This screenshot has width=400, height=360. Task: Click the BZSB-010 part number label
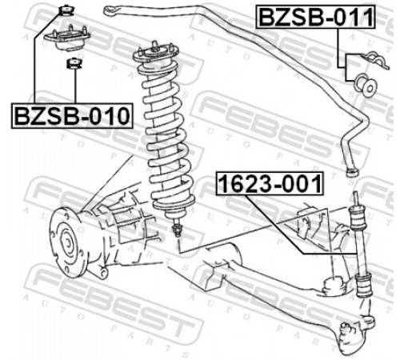(x=72, y=116)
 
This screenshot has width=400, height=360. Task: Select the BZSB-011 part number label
(x=316, y=17)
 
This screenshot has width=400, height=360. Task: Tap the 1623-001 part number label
(x=270, y=184)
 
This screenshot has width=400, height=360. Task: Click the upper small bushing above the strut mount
(x=66, y=11)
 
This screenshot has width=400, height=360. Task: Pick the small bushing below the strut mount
(x=74, y=63)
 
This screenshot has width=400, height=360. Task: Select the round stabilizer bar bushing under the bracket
(x=366, y=85)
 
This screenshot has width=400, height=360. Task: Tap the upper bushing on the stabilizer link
(x=358, y=218)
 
